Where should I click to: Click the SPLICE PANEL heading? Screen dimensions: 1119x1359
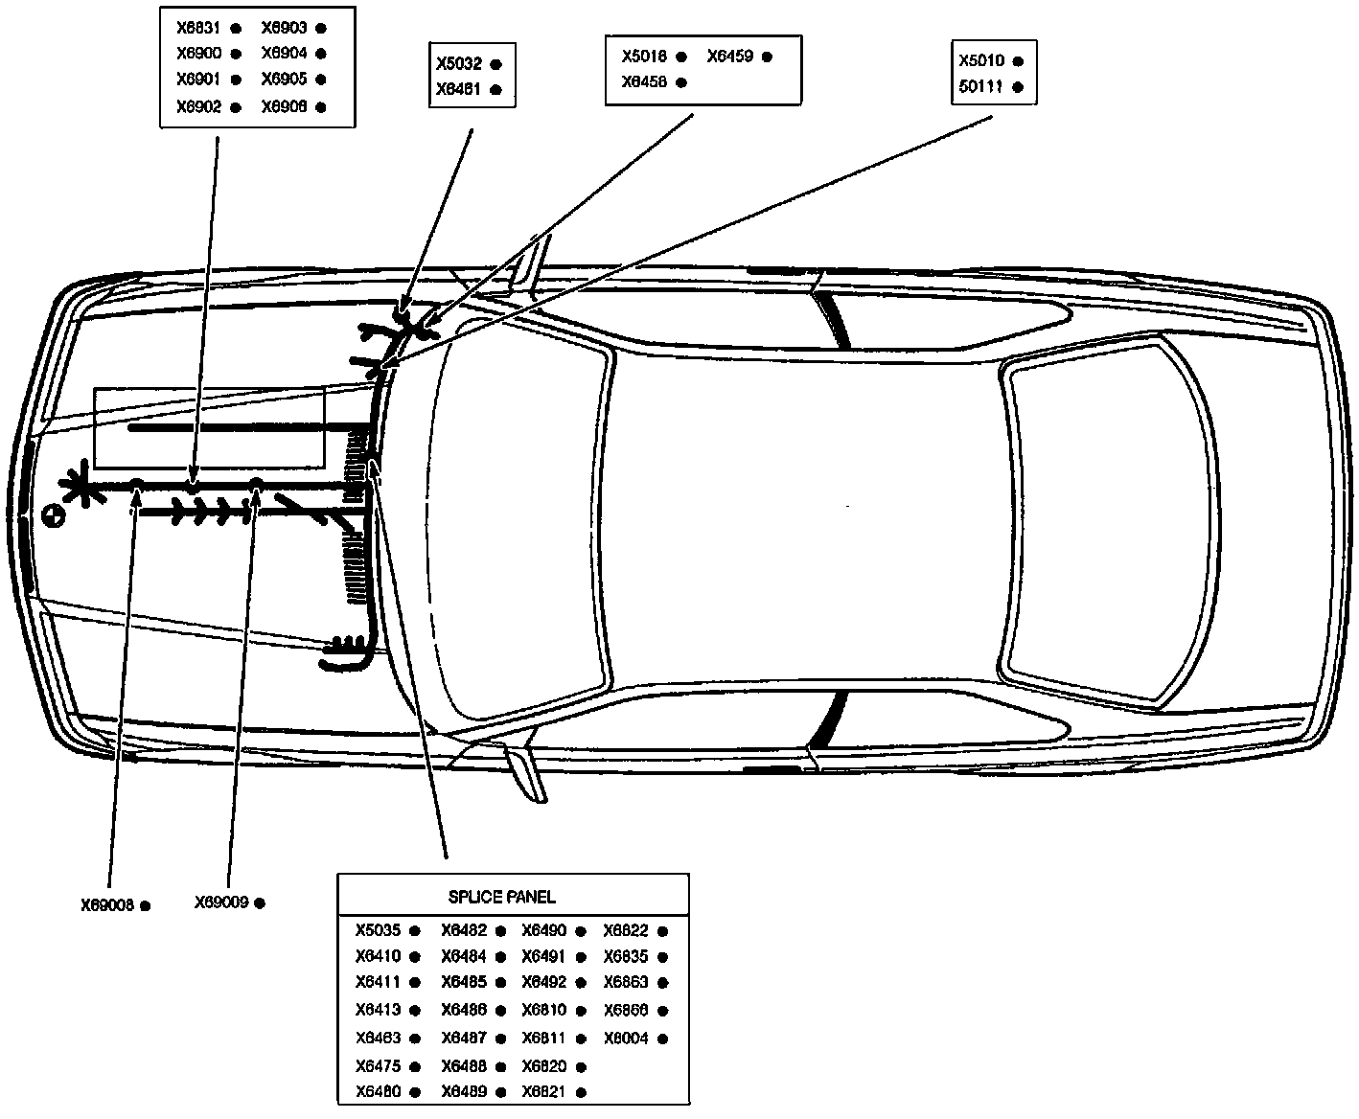[501, 898]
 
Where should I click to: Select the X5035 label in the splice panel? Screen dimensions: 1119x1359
[378, 930]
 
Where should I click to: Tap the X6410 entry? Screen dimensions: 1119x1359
[378, 956]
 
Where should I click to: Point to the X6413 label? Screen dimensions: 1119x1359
[378, 1010]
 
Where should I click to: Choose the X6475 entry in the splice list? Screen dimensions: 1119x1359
[378, 1066]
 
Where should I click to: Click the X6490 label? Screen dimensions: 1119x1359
[543, 930]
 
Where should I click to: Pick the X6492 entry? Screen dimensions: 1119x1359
[543, 982]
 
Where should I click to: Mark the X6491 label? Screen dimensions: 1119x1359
[543, 956]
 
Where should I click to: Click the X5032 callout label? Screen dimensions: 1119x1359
[458, 65]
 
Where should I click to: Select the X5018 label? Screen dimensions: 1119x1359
[644, 57]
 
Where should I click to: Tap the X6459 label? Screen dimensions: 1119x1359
[729, 57]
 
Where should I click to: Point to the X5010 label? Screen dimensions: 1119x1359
[981, 60]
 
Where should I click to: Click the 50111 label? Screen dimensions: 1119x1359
[980, 86]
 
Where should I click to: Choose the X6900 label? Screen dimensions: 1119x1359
[198, 54]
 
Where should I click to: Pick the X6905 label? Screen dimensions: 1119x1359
[284, 80]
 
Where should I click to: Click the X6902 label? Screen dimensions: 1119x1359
[198, 107]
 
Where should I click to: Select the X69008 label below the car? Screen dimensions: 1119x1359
[106, 904]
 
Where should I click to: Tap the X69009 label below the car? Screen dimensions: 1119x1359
[221, 902]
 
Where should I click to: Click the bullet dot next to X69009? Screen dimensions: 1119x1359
[260, 902]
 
